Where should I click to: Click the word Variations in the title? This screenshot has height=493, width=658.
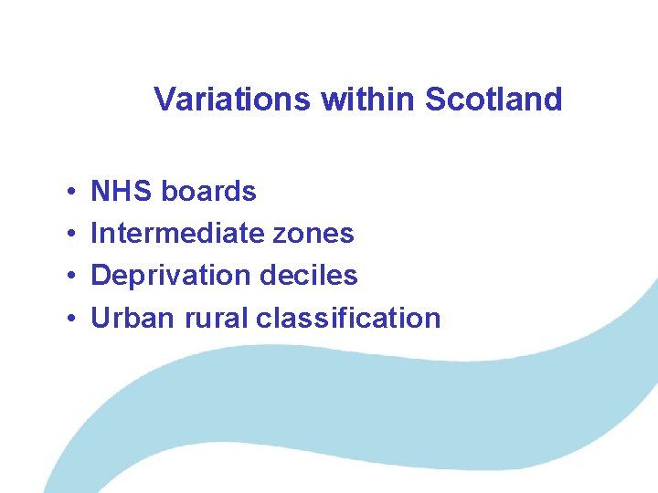coord(233,99)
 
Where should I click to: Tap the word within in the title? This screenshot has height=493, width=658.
coord(365,99)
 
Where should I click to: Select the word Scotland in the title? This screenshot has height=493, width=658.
coord(493,99)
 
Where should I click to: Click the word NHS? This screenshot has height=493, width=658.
coord(122,192)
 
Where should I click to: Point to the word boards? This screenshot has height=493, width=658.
coord(208,192)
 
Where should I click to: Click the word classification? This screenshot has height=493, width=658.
coord(348,319)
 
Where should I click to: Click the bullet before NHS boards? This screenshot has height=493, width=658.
coord(70,193)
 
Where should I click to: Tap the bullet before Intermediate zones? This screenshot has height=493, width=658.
coord(70,235)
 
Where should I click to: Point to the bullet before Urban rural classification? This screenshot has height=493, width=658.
coord(70,320)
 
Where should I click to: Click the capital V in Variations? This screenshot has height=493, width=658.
coord(164,99)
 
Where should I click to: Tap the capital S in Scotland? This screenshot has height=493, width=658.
coord(435,99)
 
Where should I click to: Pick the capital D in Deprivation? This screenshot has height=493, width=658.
coord(101,276)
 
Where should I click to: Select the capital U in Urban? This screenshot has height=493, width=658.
coord(101,319)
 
